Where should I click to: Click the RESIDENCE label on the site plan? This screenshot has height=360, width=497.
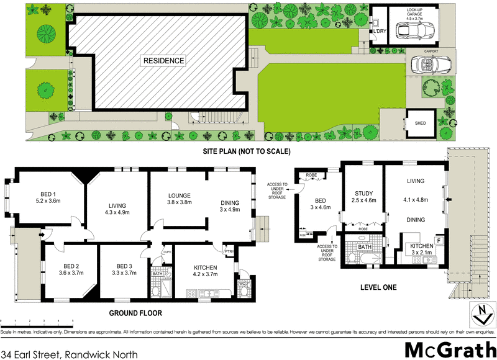click(164, 61)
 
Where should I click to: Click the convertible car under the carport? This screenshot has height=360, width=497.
click(427, 63)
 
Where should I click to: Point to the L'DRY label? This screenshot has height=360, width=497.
click(379, 32)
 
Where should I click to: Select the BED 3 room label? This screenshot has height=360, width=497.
click(125, 265)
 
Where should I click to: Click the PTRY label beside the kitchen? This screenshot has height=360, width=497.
click(229, 251)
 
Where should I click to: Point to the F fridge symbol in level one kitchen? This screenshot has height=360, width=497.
click(439, 239)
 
